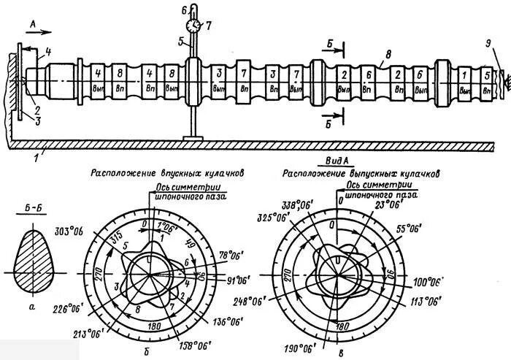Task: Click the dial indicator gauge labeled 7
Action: pos(193,25)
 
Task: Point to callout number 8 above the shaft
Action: pos(388,53)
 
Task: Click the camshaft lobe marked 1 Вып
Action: pos(465,80)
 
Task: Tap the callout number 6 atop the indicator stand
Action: pos(184,9)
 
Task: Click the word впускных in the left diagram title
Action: pos(165,174)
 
